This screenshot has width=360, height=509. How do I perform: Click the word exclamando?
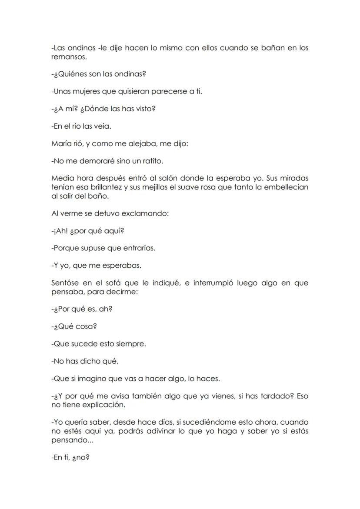pos(147,213)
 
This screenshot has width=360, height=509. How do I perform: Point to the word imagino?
pos(89,379)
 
